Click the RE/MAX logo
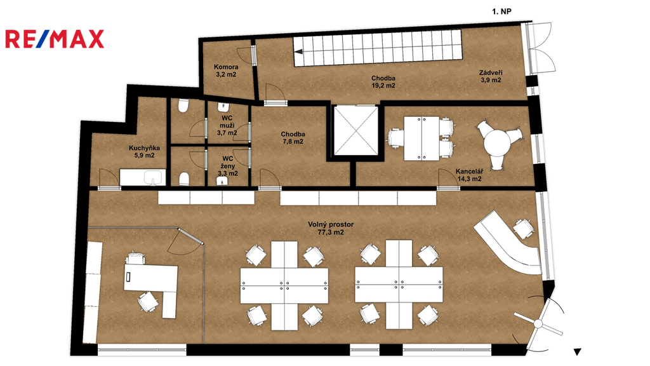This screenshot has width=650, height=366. (x=55, y=39)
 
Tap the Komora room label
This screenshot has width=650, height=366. (x=226, y=67)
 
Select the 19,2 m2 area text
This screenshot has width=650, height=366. (x=383, y=86)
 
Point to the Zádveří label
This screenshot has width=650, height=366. (x=491, y=72)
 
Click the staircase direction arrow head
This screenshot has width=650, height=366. (x=298, y=52)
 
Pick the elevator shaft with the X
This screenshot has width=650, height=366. (x=356, y=131)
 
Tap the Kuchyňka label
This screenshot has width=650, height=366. (x=144, y=147)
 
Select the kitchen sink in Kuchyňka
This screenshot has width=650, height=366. (x=154, y=179)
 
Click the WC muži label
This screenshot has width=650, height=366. (x=227, y=121)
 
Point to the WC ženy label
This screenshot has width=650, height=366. (x=228, y=162)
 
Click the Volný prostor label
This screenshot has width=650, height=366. (x=331, y=224)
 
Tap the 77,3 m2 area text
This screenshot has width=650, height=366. (x=331, y=233)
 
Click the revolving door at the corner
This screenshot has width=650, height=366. (x=539, y=323)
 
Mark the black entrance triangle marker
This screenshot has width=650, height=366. (x=577, y=352)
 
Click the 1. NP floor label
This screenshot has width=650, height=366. (x=501, y=11)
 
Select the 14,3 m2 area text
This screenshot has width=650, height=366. (x=469, y=179)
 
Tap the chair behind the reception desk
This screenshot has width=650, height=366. (x=523, y=229)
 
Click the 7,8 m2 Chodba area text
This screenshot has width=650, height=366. (x=293, y=142)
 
